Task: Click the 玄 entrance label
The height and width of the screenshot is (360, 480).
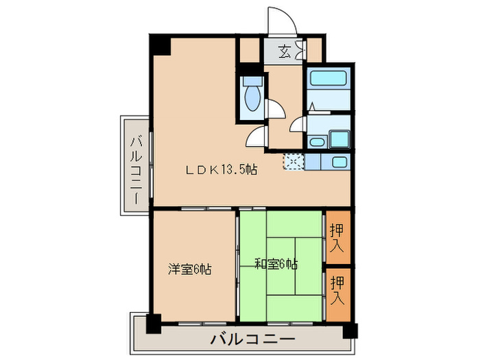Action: (x=285, y=49)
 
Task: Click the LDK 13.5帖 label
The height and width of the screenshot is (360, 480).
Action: (x=221, y=170)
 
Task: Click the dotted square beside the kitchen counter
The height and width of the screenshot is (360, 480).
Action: (x=293, y=162)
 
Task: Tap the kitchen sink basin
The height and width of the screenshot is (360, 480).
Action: (x=337, y=163)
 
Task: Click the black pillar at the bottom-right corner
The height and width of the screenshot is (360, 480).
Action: (x=350, y=329)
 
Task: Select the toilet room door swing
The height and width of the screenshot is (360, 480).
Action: (x=274, y=110)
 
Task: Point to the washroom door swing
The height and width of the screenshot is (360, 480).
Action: (x=299, y=125)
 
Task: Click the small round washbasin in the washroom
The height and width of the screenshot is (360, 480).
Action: (x=317, y=143)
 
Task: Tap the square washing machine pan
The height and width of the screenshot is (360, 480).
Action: (x=339, y=139)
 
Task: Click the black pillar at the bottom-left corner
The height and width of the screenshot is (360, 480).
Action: (x=153, y=323)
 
